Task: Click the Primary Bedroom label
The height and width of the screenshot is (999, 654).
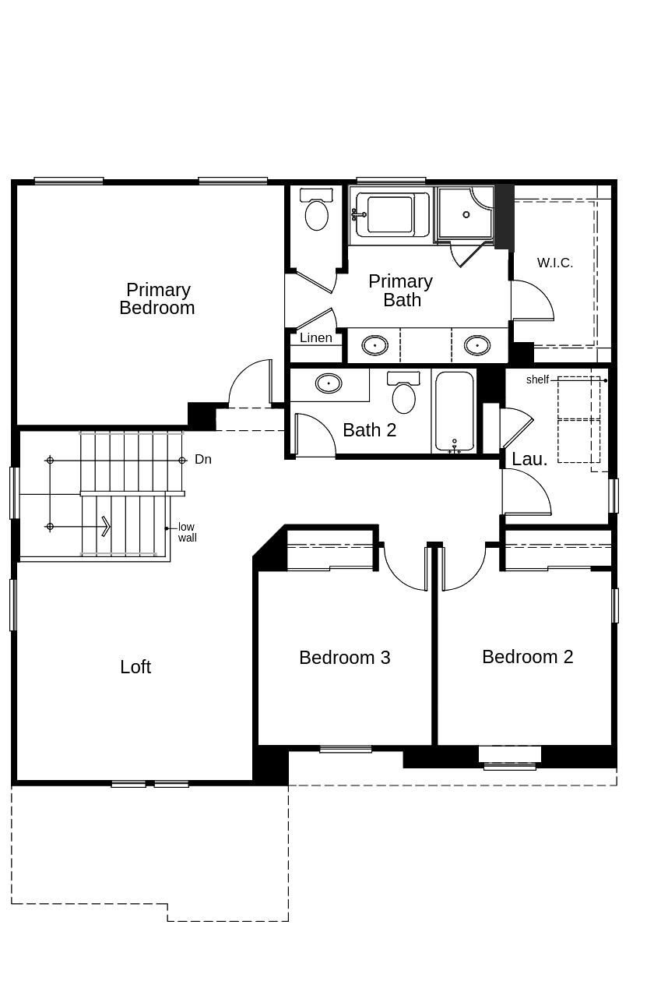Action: coord(157,299)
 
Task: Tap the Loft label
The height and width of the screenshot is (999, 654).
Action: coord(135,667)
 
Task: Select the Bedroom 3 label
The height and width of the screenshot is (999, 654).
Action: coord(344,658)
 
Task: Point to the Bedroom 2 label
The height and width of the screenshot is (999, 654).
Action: coord(527,657)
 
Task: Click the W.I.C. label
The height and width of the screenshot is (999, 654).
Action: coord(554,263)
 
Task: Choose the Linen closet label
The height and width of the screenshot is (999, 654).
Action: coord(315,338)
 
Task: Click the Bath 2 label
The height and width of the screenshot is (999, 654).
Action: coord(370,430)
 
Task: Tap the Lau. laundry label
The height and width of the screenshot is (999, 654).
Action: coord(529,460)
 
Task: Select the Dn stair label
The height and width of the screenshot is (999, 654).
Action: coord(203,460)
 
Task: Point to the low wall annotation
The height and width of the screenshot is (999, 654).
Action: coord(187,533)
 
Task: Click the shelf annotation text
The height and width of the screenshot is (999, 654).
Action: coord(537,380)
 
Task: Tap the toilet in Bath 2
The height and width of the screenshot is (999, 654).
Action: coord(403,394)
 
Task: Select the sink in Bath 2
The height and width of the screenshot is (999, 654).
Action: coord(328,383)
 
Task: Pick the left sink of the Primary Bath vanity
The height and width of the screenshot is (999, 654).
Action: coord(374,344)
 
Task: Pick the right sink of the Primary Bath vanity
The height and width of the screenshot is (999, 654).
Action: coord(476,344)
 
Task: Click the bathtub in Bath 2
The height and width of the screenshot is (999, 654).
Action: coord(454,412)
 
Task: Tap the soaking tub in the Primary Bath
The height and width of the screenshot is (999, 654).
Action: coord(389,214)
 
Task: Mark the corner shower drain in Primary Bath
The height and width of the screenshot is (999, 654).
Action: coord(466,214)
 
